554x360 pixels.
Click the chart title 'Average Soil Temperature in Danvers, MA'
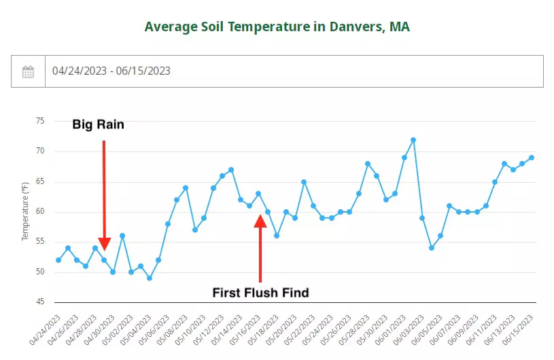coord(277,27)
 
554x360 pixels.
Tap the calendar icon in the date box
coord(28,71)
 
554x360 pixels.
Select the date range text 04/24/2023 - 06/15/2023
coord(111,71)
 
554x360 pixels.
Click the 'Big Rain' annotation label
coord(99,125)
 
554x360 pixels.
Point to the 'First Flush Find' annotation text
coord(260,293)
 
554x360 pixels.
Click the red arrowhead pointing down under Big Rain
coord(104,244)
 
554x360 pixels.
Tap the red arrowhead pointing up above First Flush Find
coord(260,221)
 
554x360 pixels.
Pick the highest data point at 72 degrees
coord(413,140)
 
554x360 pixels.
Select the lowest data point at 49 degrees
coord(150,278)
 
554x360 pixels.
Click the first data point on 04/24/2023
coord(58,260)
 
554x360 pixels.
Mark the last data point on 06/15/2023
coord(532,158)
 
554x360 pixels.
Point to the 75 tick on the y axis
coord(40,121)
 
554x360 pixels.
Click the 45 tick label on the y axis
coord(40,302)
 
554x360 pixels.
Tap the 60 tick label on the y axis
coord(40,211)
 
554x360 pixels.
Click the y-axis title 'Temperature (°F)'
coord(25,211)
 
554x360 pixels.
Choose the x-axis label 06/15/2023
coord(519,328)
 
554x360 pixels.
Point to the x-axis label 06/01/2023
coord(392,328)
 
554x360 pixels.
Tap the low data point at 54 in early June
coord(432,248)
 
